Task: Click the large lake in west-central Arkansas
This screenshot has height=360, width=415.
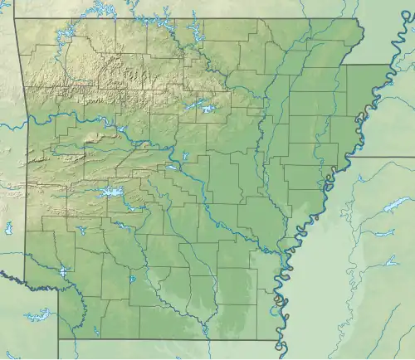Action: (110, 192)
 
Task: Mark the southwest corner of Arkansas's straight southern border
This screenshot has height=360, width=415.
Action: (58, 338)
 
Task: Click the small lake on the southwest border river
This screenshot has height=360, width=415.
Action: (63, 271)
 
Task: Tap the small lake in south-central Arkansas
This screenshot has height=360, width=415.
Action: (132, 278)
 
